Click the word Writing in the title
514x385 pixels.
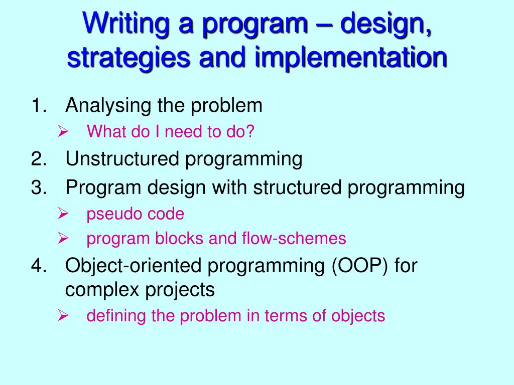[126, 24]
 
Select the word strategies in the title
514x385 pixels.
[128, 58]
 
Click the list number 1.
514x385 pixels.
[38, 105]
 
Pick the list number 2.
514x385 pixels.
[39, 159]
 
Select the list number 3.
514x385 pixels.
[39, 187]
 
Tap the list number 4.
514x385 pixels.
[39, 265]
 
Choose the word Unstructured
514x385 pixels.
[122, 159]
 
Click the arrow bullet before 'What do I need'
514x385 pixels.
[63, 132]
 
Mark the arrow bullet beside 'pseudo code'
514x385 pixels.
[63, 214]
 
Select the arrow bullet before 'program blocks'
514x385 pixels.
[63, 238]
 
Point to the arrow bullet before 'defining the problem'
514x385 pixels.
[63, 316]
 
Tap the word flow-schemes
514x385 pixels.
[294, 238]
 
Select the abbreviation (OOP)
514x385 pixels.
[359, 266]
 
